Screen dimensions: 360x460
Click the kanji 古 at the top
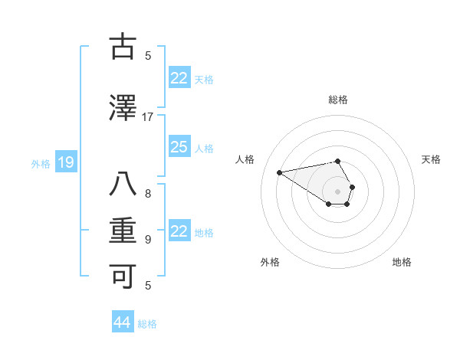pyautogui.click(x=122, y=47)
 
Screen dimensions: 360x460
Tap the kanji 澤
pyautogui.click(x=122, y=109)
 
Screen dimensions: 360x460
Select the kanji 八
pyautogui.click(x=122, y=186)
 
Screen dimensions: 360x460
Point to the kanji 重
pyautogui.click(x=122, y=231)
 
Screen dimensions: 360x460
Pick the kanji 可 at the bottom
pyautogui.click(x=122, y=277)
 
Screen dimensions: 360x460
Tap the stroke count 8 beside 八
pyautogui.click(x=148, y=194)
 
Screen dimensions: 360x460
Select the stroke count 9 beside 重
pyautogui.click(x=148, y=240)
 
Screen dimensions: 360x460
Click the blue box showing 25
pyautogui.click(x=179, y=147)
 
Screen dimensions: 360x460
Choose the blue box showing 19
pyautogui.click(x=65, y=162)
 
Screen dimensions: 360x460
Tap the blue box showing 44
pyautogui.click(x=122, y=322)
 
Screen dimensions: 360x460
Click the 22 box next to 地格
pyautogui.click(x=179, y=231)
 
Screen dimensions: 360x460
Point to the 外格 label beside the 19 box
pyautogui.click(x=41, y=163)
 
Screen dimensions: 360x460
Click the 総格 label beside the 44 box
pyautogui.click(x=147, y=324)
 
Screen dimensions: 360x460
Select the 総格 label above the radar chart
pyautogui.click(x=338, y=100)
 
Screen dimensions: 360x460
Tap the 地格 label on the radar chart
pyautogui.click(x=402, y=262)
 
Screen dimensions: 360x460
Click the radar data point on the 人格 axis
pyautogui.click(x=279, y=172)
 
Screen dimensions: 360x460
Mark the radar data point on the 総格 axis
pyautogui.click(x=338, y=161)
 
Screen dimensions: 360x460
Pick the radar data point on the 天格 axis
pyautogui.click(x=352, y=187)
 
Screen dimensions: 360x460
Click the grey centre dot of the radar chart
pyautogui.click(x=338, y=191)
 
